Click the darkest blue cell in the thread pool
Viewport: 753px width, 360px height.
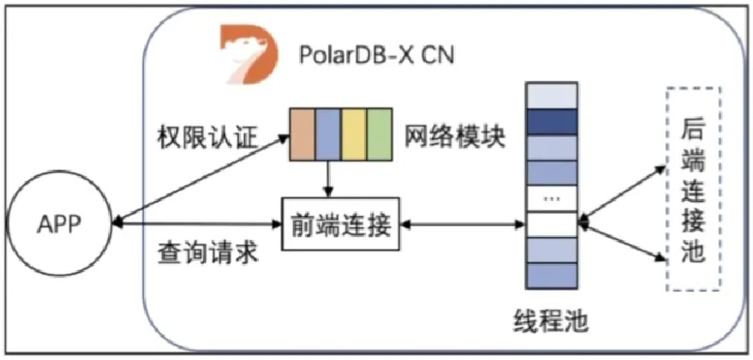click(x=552, y=120)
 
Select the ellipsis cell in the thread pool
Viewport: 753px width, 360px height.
click(x=552, y=199)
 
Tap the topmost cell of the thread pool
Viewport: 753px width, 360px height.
click(x=552, y=93)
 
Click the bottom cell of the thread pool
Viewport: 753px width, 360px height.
click(x=552, y=278)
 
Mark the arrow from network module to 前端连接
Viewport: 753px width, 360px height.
click(x=327, y=180)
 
